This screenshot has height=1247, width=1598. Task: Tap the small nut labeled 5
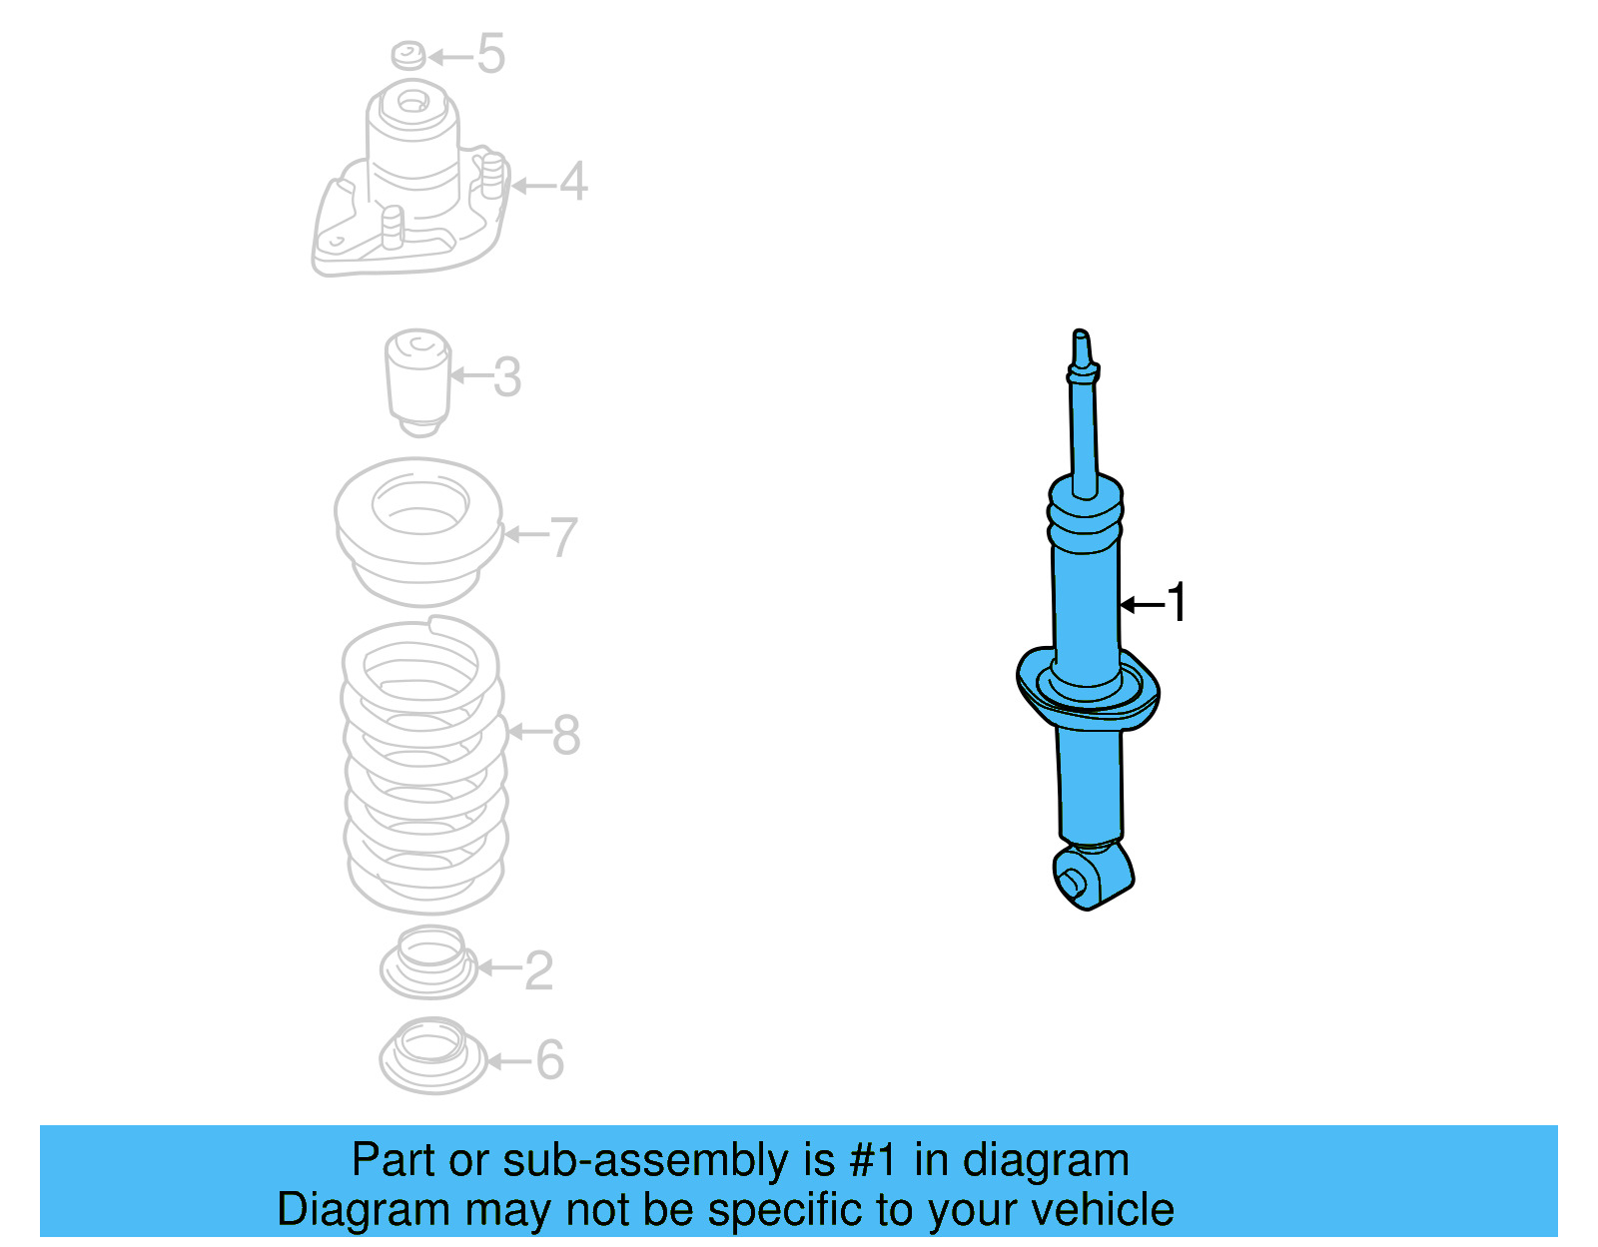click(408, 55)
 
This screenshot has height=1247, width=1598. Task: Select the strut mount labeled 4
click(411, 190)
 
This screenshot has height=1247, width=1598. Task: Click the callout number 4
click(573, 182)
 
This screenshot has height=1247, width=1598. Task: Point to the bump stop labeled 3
click(418, 381)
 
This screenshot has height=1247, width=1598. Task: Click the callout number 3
click(507, 377)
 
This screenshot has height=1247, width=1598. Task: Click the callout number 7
click(563, 537)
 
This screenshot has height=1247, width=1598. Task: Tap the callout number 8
click(565, 736)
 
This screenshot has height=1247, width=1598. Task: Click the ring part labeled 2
click(429, 962)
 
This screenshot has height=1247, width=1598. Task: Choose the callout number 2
click(538, 970)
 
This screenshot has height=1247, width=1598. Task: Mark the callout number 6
click(550, 1060)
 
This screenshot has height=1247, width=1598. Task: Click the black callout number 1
click(1178, 603)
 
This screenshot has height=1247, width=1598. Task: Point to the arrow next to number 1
click(1141, 605)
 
